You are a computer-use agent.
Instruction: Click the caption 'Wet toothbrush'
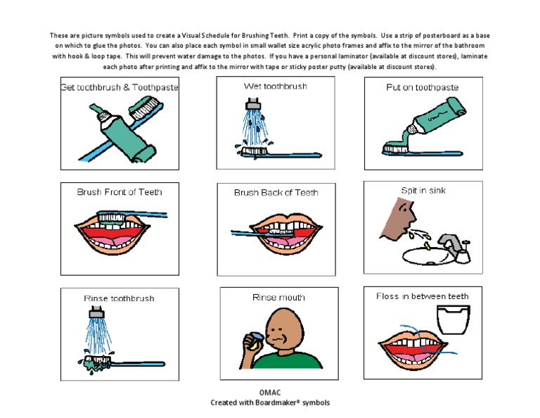point(275,87)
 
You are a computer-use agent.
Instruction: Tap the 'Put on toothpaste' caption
point(422,88)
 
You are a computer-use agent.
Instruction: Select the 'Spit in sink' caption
point(423,191)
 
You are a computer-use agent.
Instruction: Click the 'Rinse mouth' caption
point(278,298)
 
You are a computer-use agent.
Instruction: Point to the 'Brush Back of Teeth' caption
point(276,192)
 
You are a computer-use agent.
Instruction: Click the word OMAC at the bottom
point(269,391)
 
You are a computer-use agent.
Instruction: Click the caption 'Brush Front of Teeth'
point(120,191)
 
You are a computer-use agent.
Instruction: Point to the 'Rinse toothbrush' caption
point(119,298)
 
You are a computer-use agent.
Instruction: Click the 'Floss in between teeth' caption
point(422,296)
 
